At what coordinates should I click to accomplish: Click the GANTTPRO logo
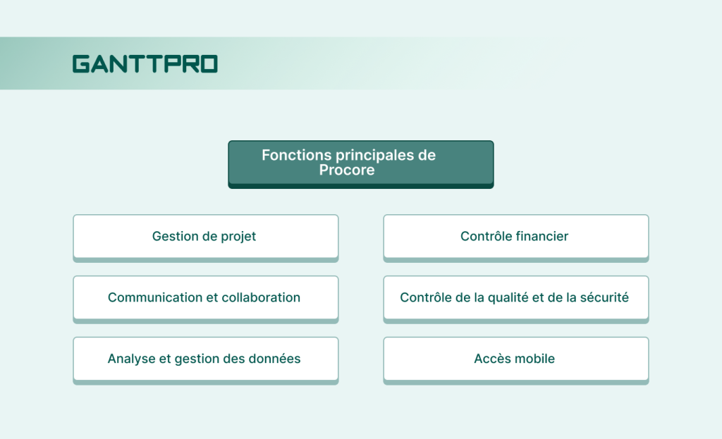coord(145,64)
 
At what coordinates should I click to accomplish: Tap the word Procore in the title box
coord(346,171)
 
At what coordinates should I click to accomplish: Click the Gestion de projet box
coord(205,237)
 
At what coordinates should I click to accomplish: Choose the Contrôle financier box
coord(515,237)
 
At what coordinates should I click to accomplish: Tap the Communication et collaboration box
coord(205,298)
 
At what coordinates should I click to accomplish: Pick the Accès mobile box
coord(515,359)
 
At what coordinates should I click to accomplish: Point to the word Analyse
coord(131,359)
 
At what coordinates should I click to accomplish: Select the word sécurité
coord(604,298)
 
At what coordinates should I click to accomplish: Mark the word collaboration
coord(261,298)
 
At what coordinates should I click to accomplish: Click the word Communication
coord(154,298)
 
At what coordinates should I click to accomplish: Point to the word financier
coord(541,237)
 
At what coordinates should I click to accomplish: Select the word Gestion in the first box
coord(176,237)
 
